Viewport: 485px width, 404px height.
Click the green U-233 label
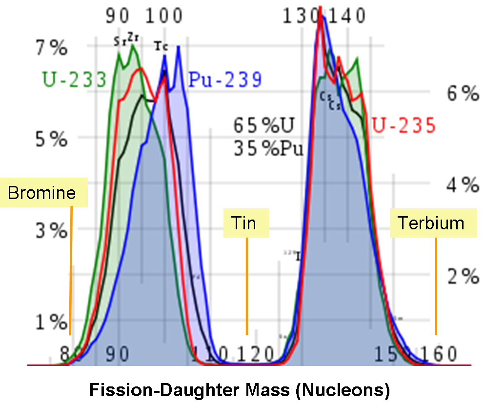coord(73,79)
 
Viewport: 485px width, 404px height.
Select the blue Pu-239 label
coord(225,80)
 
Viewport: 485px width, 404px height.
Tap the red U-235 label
coord(404,125)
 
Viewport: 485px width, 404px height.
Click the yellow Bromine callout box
coord(42,193)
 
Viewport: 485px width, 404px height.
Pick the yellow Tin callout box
coord(246,223)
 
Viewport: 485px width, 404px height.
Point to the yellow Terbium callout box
coord(431,222)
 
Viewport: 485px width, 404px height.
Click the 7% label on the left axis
coord(51,48)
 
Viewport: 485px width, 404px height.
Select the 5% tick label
coord(51,140)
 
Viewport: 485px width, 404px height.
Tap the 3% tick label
coord(51,231)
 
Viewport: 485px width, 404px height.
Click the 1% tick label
coord(51,322)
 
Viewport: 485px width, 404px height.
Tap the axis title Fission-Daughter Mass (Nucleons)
coord(239,390)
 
